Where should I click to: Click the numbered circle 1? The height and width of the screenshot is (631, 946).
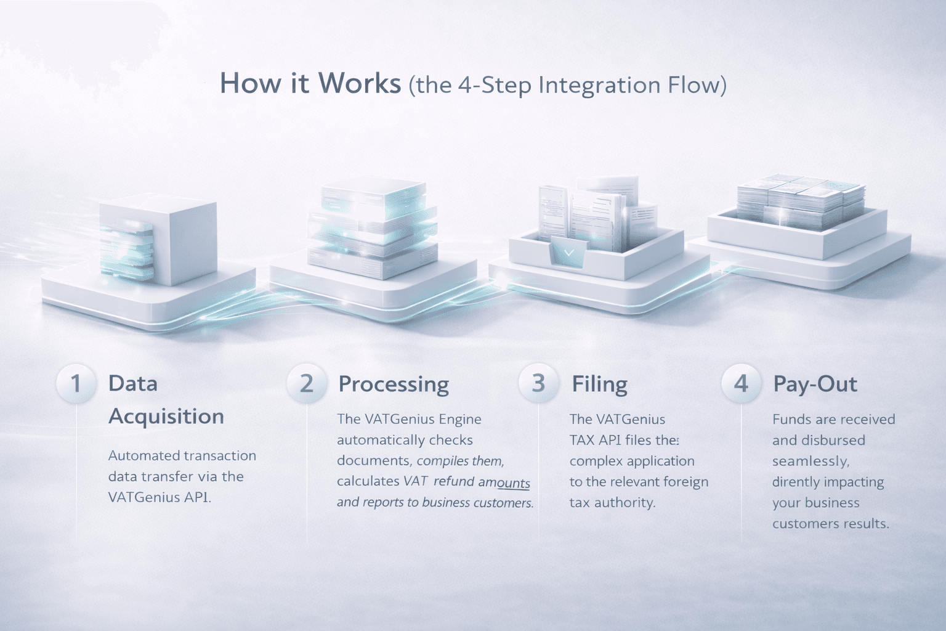click(76, 383)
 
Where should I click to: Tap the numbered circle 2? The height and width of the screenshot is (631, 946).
click(306, 383)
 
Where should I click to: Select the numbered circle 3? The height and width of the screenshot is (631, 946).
click(538, 383)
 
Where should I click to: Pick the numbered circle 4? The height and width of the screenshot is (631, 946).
click(741, 383)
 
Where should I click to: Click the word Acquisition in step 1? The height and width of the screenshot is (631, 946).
click(166, 417)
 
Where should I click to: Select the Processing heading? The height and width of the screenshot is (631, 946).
click(394, 384)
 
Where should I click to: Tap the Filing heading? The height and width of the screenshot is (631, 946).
click(599, 384)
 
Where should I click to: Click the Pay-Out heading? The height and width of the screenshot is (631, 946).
click(815, 384)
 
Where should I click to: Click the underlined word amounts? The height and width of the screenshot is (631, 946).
click(504, 482)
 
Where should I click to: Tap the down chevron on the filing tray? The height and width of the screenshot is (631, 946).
click(568, 253)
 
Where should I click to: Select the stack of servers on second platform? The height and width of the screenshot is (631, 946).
click(373, 225)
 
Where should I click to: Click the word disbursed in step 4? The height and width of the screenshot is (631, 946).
click(832, 440)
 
